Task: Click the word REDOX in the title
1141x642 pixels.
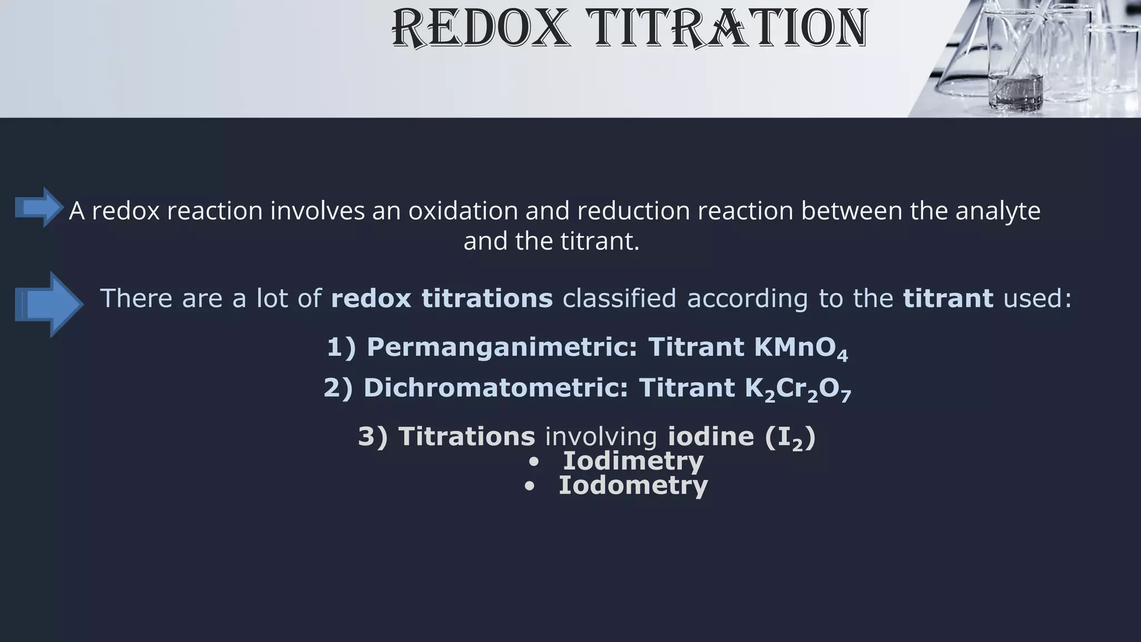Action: click(x=481, y=28)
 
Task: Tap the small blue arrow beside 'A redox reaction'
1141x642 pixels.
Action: click(x=38, y=207)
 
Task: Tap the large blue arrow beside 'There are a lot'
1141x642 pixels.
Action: click(x=49, y=304)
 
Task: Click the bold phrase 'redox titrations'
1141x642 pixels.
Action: click(x=441, y=298)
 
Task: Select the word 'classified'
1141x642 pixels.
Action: click(x=619, y=298)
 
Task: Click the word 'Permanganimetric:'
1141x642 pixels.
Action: click(x=501, y=347)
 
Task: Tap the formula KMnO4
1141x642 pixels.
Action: click(x=800, y=348)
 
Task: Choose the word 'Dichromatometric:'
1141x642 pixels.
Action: click(x=496, y=388)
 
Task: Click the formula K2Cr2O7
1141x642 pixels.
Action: click(x=797, y=389)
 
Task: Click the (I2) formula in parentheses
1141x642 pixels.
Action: click(x=790, y=437)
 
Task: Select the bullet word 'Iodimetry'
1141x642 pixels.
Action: click(x=633, y=461)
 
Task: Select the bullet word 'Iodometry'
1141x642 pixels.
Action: click(x=633, y=485)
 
